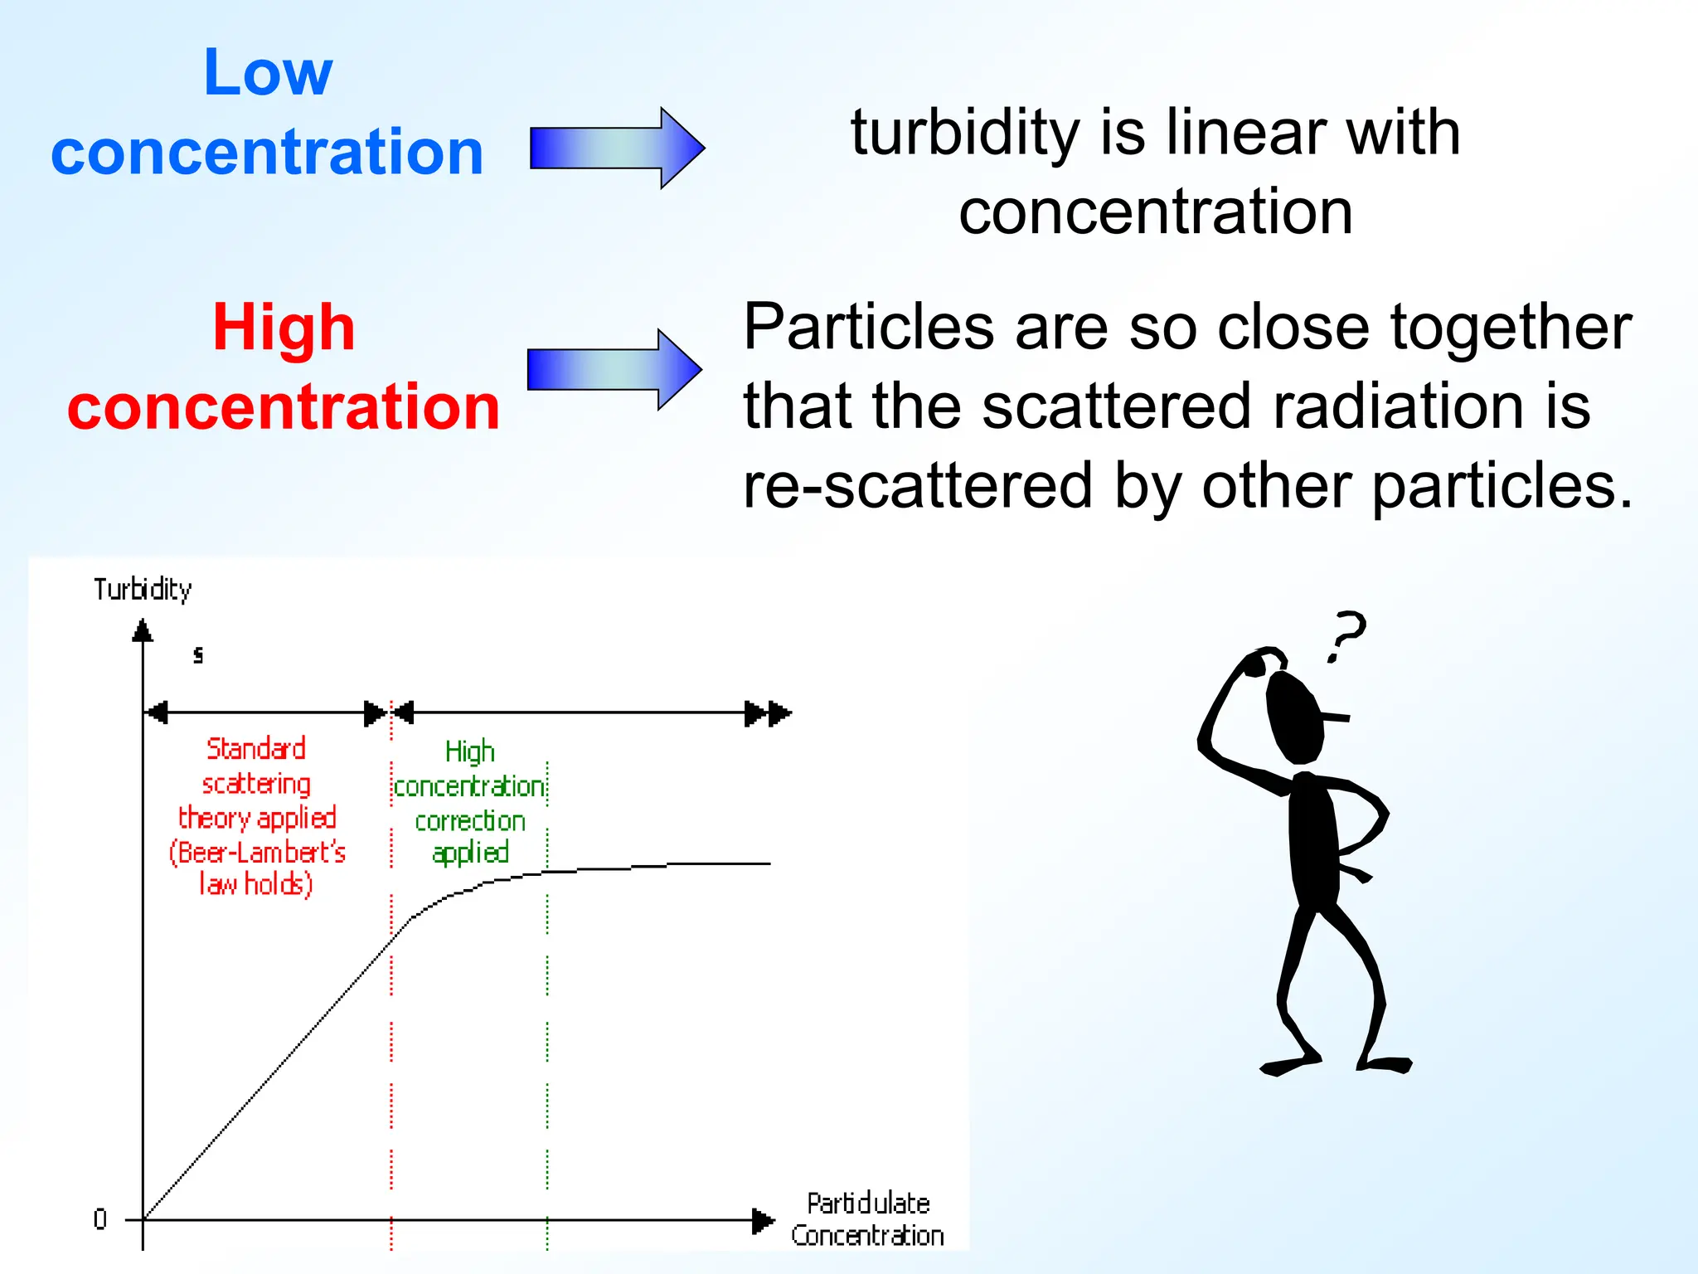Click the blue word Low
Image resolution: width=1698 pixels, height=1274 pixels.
coord(267,73)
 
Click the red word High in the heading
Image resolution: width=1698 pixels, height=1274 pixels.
coord(284,328)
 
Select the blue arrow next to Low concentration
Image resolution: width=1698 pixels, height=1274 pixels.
coord(617,148)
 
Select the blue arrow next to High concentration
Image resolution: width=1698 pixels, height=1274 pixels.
coord(614,369)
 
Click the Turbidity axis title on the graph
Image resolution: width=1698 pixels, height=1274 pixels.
coord(143,590)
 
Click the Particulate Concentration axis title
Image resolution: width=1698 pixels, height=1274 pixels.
coord(867,1219)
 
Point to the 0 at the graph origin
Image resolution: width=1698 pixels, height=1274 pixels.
coord(100,1218)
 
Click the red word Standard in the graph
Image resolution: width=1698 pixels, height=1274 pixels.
coord(255,748)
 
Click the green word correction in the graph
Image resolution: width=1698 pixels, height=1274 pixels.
coord(470,821)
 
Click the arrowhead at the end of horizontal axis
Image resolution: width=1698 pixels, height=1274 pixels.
coord(762,1220)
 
